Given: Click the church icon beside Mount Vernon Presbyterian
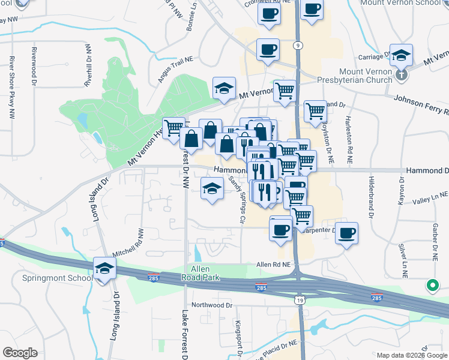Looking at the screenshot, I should coord(402,75).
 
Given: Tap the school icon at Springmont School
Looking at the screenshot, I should coord(104,268).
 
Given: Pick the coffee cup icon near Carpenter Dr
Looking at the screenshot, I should coord(346,233).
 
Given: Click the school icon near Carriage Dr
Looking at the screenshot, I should coord(401,55).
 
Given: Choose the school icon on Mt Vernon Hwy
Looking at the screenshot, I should coord(224,88).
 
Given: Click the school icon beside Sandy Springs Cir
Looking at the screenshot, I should coord(212,188).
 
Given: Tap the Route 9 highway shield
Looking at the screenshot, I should coord(298,45).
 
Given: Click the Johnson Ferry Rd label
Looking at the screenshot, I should coord(420,104).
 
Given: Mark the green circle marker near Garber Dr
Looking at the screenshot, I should coord(432,286).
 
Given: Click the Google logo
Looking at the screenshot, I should coord(20,353).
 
